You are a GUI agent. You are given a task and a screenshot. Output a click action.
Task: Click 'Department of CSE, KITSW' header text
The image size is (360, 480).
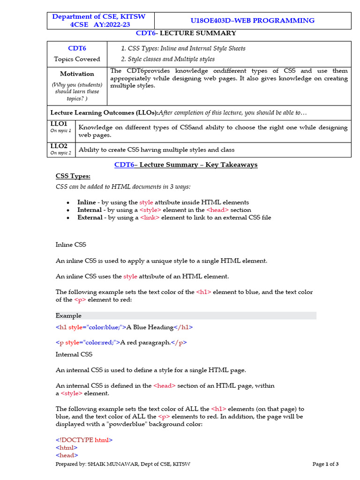pos(99,17)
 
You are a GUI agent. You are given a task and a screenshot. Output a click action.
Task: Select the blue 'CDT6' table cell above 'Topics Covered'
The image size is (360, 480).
pos(77,48)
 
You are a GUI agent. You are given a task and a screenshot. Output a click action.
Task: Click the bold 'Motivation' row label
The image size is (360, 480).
pos(77,74)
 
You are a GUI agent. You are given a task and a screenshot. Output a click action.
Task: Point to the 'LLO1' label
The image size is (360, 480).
pos(59,124)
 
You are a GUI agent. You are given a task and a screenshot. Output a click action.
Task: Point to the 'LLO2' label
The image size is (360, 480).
pos(59,146)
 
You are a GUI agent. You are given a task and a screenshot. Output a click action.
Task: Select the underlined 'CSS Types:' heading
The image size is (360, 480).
pos(73,176)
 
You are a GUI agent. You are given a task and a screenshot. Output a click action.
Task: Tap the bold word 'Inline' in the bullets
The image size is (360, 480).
pos(87,202)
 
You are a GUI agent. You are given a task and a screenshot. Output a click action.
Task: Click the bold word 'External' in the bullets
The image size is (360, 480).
pos(90,217)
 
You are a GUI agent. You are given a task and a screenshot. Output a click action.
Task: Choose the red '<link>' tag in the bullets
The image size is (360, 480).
pos(150,217)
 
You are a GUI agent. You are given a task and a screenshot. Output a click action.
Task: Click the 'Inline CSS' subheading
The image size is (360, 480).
pos(71,245)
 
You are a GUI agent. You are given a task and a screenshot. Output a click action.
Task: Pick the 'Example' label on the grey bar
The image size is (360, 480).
pos(68,315)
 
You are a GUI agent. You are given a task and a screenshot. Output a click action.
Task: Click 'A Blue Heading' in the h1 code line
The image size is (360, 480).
pos(150,327)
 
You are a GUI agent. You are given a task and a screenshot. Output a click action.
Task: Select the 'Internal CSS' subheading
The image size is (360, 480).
pos(74,354)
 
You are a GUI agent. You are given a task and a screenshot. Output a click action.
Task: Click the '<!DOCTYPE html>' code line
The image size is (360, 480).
pos(84,440)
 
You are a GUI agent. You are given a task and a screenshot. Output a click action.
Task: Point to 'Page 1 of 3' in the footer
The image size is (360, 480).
pos(325,464)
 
